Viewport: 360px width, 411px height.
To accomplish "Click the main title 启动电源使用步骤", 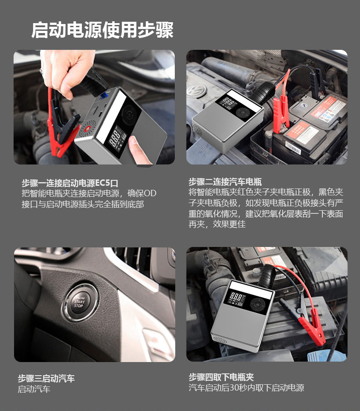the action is (102, 30).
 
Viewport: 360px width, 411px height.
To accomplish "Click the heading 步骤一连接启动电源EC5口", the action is (70, 183).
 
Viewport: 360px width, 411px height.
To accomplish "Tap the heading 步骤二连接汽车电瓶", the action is (225, 182).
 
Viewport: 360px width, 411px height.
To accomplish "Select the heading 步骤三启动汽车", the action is (46, 378).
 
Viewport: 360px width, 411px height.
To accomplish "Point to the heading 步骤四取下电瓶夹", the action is (221, 377).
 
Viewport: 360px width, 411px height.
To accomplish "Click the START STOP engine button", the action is (79, 303).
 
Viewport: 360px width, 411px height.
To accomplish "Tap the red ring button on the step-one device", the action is (87, 129).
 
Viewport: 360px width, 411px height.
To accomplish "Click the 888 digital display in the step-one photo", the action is (115, 138).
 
